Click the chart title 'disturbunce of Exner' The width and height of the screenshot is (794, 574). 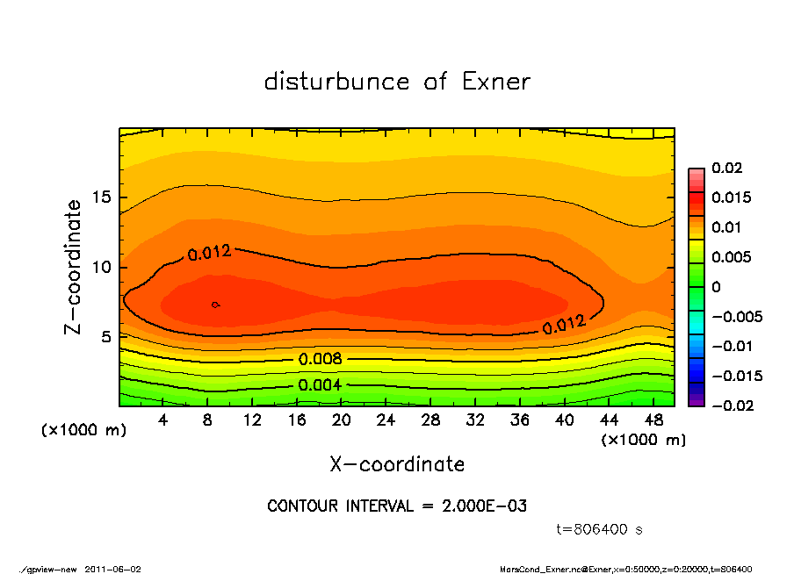coord(397,82)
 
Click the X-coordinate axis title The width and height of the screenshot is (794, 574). coord(397,464)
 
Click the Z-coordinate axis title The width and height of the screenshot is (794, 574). coord(74,267)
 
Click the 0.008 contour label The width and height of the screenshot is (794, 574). coord(321,359)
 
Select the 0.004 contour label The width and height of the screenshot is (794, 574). coord(321,385)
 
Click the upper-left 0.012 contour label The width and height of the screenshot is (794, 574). coord(209,253)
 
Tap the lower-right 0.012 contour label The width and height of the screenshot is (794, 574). coord(564,326)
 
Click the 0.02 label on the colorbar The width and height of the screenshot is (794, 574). coord(727,169)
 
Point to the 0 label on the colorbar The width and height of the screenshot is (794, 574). coord(716,287)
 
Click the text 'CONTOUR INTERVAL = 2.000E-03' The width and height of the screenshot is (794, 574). coord(397,506)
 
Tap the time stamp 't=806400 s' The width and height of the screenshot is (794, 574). coord(601,530)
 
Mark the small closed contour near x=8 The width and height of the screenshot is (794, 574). coord(215,305)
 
